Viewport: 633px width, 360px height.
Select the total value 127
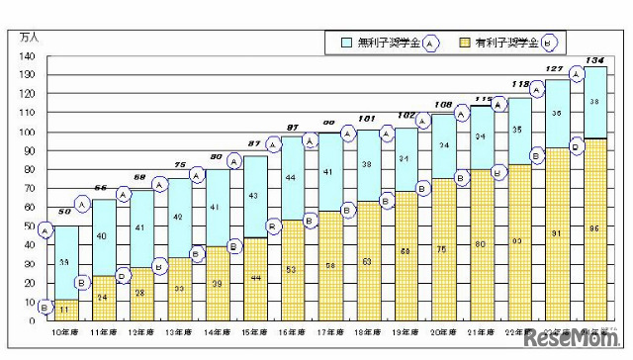click(557, 69)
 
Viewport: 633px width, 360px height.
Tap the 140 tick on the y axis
click(27, 55)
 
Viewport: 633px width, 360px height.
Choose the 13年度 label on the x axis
click(180, 335)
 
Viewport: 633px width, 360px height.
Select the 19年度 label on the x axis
click(407, 335)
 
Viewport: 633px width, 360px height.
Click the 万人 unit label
click(31, 37)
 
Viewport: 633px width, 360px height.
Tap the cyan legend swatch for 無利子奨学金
click(346, 43)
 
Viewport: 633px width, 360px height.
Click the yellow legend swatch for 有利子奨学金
click(465, 43)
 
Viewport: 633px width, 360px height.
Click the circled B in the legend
click(550, 43)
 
